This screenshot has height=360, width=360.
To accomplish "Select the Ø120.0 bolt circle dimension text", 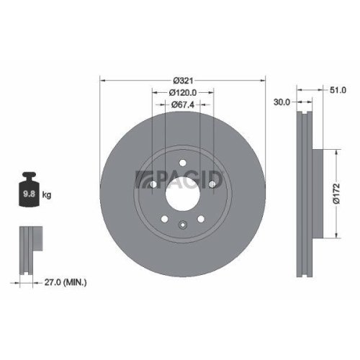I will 184,92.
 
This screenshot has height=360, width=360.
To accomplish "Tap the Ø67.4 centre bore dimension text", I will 184,104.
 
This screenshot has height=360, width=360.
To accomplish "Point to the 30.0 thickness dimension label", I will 282,102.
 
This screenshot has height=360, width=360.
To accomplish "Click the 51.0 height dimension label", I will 337,90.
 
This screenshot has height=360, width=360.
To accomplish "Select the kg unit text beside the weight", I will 47,195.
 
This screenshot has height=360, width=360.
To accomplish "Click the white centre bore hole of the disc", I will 183,194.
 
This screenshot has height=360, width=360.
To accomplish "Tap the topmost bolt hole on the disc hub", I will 183,162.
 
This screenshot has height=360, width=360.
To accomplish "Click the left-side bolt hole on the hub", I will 153,185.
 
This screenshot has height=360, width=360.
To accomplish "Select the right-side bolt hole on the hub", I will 213,185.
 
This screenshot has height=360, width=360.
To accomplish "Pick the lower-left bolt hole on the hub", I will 165,220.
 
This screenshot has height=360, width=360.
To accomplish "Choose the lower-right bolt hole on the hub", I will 202,220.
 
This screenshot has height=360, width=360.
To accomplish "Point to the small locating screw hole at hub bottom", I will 183,225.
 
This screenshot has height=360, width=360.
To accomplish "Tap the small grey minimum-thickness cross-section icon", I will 27,249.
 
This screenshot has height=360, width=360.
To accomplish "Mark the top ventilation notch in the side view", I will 302,115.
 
